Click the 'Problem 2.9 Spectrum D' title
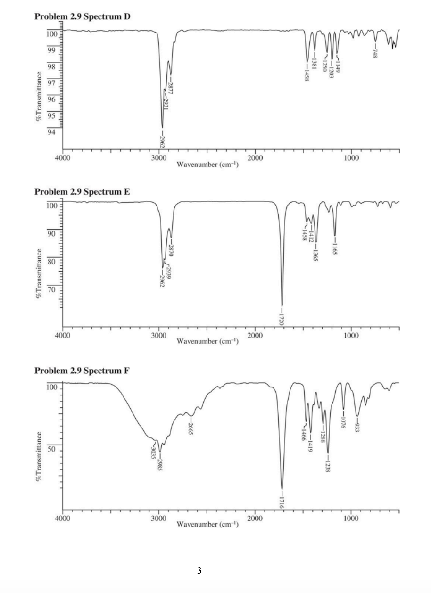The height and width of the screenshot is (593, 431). click(83, 17)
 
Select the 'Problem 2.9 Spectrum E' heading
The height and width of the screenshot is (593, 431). click(83, 192)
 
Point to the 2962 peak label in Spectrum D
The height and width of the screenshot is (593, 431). click(162, 140)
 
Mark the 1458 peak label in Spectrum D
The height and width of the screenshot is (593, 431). click(307, 74)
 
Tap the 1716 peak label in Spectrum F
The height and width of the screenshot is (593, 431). click(282, 502)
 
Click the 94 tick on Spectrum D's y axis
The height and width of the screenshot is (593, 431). click(51, 132)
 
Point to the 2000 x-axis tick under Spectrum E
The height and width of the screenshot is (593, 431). click(255, 335)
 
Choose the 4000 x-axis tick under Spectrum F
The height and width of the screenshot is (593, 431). click(63, 519)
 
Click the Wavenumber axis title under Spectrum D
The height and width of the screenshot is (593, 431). click(207, 165)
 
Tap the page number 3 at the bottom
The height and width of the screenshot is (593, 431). click(199, 571)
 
